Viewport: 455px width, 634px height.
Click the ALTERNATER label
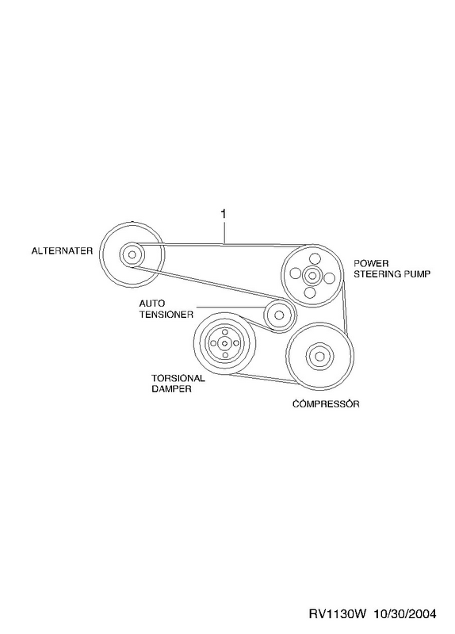coord(62,250)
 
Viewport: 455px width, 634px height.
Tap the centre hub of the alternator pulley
coord(132,254)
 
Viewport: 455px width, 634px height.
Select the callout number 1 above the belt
coord(224,213)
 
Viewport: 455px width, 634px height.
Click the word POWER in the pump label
coord(371,264)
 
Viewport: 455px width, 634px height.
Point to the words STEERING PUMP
coord(392,273)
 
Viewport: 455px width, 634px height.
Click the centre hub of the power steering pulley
coord(312,275)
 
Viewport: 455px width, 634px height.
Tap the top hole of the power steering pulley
coord(314,258)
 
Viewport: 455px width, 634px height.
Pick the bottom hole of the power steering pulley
coord(311,292)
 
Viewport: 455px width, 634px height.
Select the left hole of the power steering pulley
coord(296,273)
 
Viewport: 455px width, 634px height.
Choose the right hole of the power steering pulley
coord(330,278)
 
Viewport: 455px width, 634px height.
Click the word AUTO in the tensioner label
coord(152,304)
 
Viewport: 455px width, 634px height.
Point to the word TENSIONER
coord(166,314)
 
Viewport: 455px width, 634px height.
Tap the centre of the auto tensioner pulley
coord(279,315)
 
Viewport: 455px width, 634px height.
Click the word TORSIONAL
coord(178,379)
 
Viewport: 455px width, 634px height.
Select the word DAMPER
coord(171,389)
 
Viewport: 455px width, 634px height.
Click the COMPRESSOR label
coord(326,403)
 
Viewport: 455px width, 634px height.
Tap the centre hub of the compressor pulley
coord(320,356)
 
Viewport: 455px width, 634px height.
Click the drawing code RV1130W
coord(338,614)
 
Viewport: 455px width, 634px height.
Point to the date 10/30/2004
coord(405,614)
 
